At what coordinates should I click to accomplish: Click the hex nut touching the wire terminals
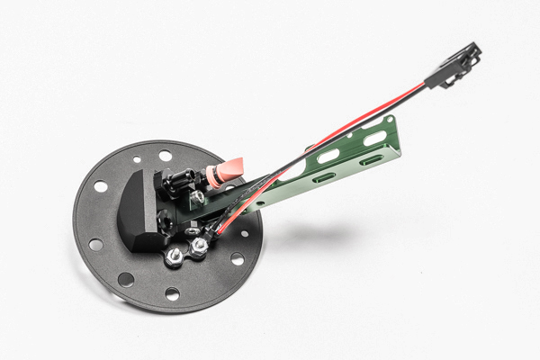pyautogui.click(x=199, y=244)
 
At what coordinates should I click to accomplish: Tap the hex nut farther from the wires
pyautogui.click(x=174, y=257)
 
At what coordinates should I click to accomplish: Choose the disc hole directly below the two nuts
pyautogui.click(x=172, y=293)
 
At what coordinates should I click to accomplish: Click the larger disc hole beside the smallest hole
pyautogui.click(x=166, y=156)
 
